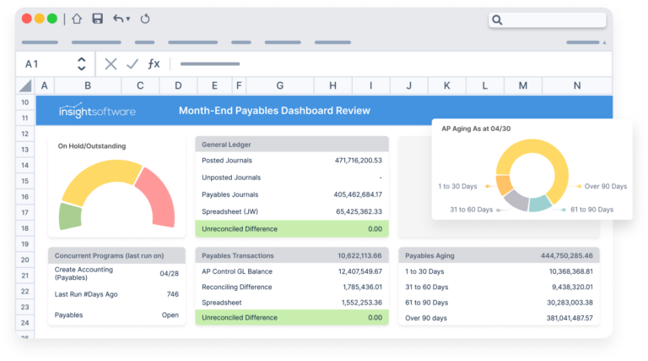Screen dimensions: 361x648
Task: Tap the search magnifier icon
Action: (x=497, y=19)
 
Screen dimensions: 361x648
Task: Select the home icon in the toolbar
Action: (x=77, y=19)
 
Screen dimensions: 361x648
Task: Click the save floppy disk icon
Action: (x=97, y=19)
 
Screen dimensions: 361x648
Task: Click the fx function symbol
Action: (x=154, y=63)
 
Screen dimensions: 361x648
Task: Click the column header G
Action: (x=279, y=85)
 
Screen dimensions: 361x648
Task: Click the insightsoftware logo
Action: (x=96, y=111)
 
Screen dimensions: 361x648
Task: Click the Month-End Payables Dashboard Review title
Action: (x=274, y=111)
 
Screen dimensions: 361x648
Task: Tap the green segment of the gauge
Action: (x=70, y=216)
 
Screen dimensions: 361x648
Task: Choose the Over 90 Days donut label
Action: (x=607, y=186)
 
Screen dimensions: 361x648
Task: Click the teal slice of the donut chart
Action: (x=539, y=203)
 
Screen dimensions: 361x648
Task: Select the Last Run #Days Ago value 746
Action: (x=172, y=294)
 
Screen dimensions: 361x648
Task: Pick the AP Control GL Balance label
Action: (x=237, y=271)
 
